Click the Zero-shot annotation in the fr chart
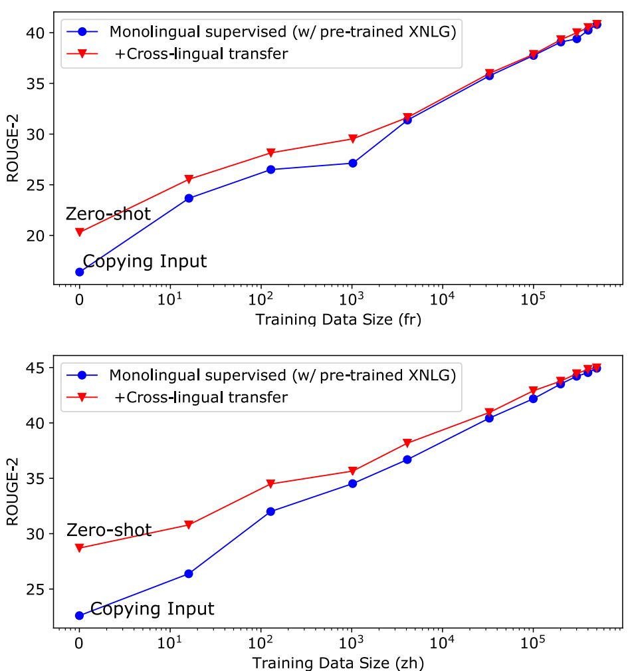point(108,214)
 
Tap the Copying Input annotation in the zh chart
point(152,608)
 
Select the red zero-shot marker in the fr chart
point(80,232)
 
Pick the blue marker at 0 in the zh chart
point(80,615)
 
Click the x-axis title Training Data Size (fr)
point(338,319)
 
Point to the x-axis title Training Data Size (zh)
point(338,662)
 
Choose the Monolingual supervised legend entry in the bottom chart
point(282,375)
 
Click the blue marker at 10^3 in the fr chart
point(352,163)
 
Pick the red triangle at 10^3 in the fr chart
point(352,139)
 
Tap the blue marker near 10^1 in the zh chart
point(189,573)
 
